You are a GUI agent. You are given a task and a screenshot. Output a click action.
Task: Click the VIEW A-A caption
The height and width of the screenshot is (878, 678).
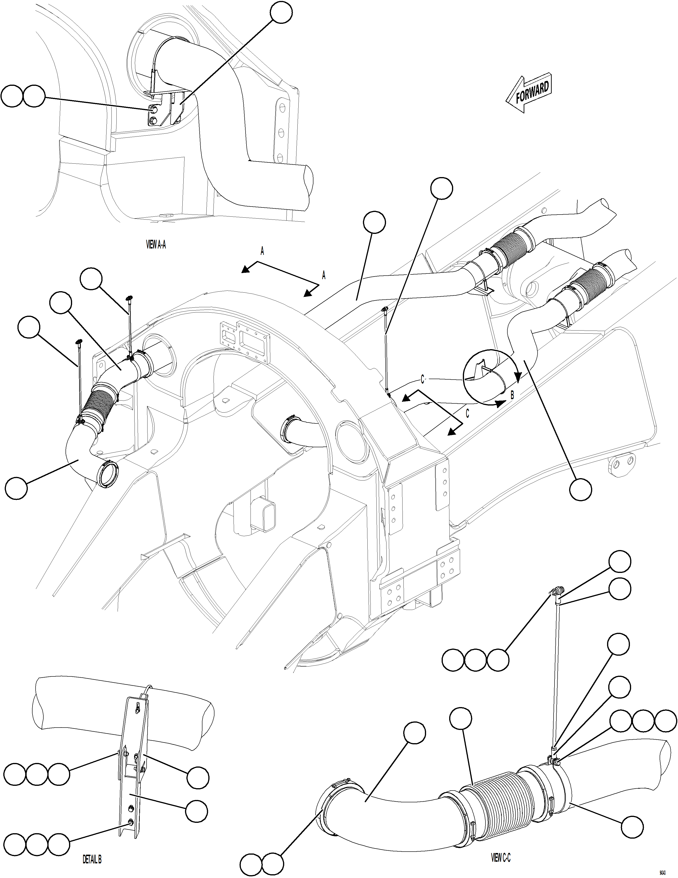click(x=156, y=244)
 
